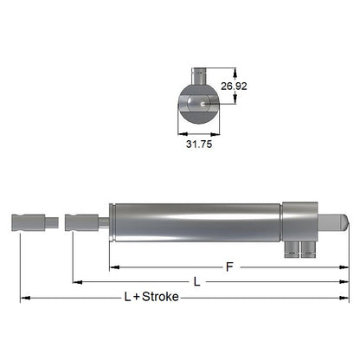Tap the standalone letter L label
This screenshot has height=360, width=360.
click(x=197, y=282)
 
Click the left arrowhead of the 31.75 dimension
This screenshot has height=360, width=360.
click(x=181, y=133)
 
